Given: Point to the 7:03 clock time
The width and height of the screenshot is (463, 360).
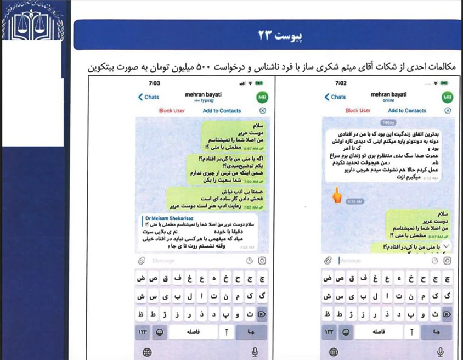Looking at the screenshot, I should click(x=154, y=83).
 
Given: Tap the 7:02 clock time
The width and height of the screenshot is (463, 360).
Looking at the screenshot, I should click(x=341, y=83).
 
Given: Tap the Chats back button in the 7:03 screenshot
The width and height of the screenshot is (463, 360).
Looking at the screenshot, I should click(x=148, y=97).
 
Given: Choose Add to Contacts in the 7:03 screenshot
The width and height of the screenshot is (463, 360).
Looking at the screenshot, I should click(x=222, y=110).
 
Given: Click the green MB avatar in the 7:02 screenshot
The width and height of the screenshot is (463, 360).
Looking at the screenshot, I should click(x=448, y=97).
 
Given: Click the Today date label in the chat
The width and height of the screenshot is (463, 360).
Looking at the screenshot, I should click(x=388, y=122).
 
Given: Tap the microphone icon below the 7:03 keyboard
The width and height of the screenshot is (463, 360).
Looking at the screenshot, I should click(x=255, y=352).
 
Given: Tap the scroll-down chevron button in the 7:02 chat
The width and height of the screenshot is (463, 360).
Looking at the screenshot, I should click(x=447, y=245).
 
